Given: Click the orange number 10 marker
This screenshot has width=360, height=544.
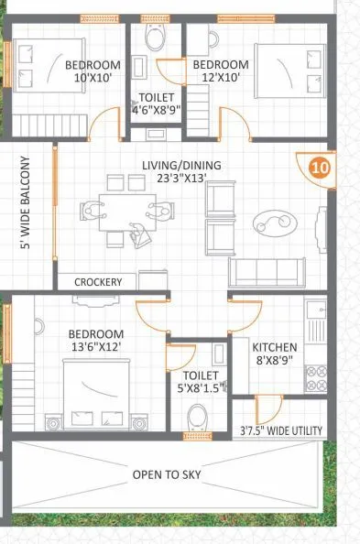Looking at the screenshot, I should click(320, 168).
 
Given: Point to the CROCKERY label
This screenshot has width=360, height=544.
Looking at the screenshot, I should click(98, 282).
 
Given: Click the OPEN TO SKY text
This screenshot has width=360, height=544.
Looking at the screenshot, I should click(166, 474).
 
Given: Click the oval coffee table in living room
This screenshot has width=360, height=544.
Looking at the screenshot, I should click(274, 221).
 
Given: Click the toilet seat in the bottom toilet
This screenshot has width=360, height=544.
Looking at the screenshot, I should click(197, 418).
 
